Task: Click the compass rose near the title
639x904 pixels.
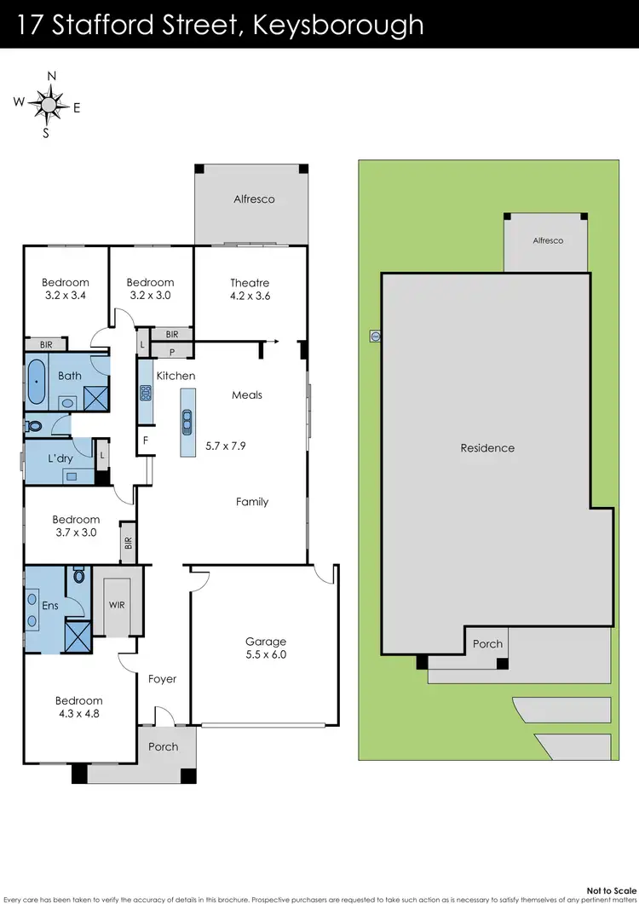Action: point(48,104)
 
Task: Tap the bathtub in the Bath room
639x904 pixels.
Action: point(37,383)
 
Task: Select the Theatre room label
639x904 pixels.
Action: point(250,283)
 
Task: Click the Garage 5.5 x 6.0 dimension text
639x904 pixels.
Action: point(266,655)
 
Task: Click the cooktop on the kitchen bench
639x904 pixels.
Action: point(146,393)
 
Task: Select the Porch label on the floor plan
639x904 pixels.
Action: point(164,746)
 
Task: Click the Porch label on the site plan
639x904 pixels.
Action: point(488,644)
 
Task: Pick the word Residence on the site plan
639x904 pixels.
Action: point(487,447)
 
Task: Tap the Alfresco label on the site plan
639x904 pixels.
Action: point(548,241)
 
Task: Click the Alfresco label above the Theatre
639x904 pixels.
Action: point(254,199)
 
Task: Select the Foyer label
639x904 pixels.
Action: point(163,679)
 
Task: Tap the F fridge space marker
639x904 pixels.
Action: point(146,440)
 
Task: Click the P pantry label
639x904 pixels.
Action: point(172,351)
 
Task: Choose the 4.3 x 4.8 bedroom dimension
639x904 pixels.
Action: point(78,714)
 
